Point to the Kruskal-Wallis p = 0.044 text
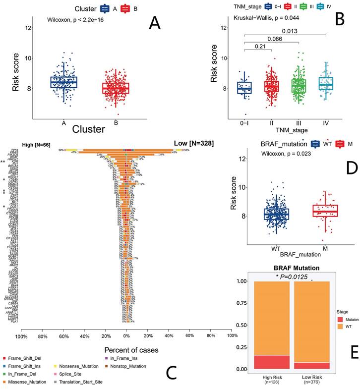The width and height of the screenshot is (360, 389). (268, 17)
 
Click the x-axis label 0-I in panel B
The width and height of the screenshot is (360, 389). (243, 121)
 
